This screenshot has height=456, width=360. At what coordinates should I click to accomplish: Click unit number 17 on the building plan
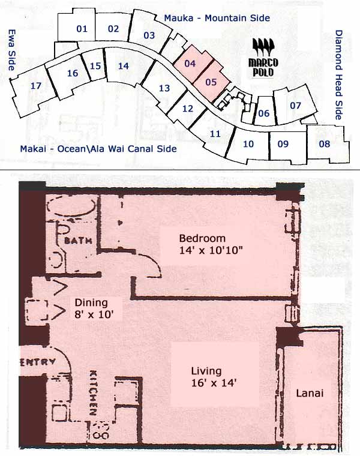click(x=36, y=86)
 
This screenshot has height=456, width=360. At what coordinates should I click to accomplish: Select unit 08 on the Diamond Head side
click(x=325, y=143)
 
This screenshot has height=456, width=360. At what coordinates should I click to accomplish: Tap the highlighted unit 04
click(x=190, y=63)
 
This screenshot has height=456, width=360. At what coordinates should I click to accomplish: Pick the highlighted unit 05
click(x=211, y=81)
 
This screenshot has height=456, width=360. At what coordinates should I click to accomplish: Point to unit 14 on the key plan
click(x=124, y=66)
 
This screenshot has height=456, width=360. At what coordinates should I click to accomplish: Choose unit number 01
click(x=82, y=28)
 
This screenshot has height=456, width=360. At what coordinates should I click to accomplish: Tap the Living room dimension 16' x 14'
click(x=206, y=382)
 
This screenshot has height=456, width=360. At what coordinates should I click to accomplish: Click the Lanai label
click(x=310, y=394)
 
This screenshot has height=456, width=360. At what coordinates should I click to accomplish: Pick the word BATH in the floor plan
click(x=76, y=241)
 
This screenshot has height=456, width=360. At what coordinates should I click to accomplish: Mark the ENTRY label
click(x=38, y=362)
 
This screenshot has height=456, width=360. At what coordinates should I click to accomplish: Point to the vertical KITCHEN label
click(x=94, y=392)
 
